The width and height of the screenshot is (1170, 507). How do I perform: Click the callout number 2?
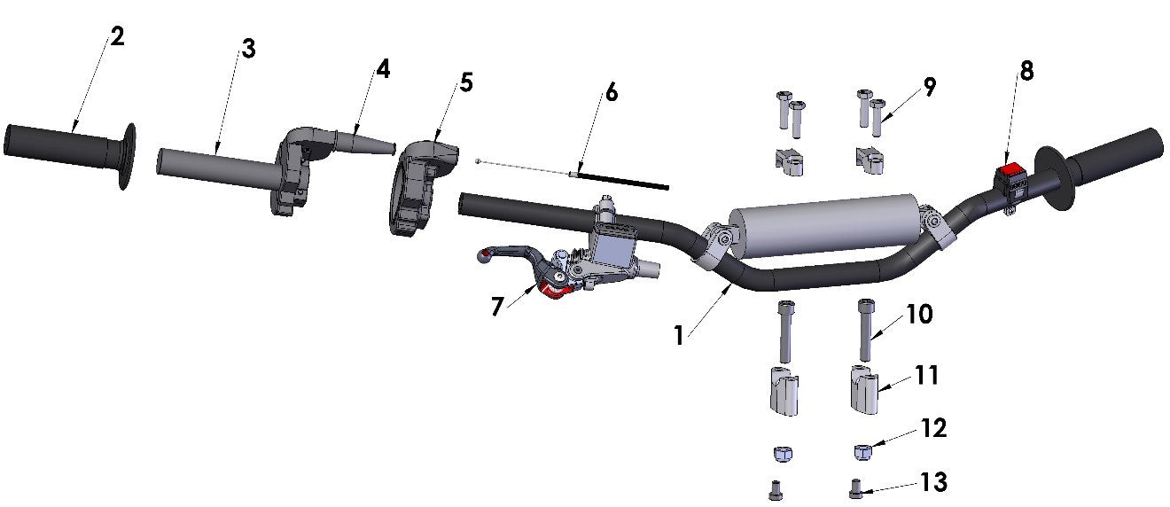coord(117,36)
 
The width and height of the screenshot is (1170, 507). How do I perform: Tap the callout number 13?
coord(933,482)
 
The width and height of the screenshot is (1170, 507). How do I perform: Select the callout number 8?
coord(1026,72)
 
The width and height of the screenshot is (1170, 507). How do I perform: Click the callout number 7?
coord(497,306)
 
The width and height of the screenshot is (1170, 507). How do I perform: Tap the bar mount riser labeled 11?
coord(865,391)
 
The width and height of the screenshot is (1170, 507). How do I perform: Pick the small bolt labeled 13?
coord(855,487)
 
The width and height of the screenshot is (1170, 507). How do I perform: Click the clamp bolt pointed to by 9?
coord(878,117)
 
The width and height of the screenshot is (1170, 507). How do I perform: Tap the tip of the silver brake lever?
coord(484,256)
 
